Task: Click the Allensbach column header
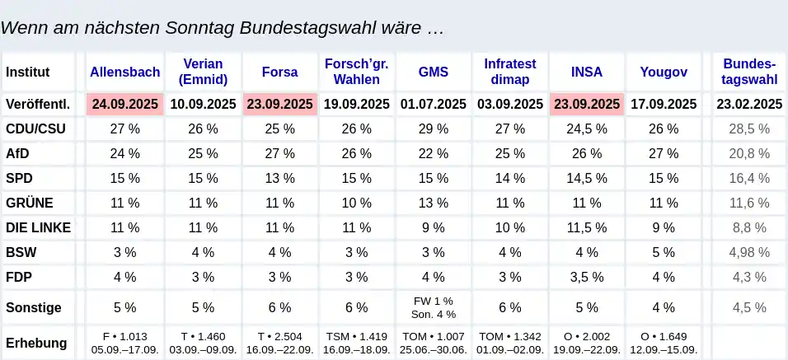coord(124,72)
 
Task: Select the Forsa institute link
coord(279,72)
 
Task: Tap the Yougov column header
coord(664,72)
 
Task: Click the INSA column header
coord(587,72)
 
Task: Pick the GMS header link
coord(434,72)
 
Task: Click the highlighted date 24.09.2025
coord(124,104)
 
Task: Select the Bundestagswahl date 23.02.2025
coord(749,104)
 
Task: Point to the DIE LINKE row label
coord(38,227)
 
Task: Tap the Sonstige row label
coord(34,308)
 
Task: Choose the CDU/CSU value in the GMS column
coord(434,129)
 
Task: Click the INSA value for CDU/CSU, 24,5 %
coord(587,129)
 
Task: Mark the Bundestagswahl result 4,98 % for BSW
coord(749,252)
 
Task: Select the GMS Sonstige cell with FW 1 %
coord(434,302)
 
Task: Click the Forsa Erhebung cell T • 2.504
coord(279,336)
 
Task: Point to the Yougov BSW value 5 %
coord(664,252)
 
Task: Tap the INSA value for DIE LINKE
coord(587,227)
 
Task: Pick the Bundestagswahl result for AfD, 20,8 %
coord(749,153)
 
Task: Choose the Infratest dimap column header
coord(510,72)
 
